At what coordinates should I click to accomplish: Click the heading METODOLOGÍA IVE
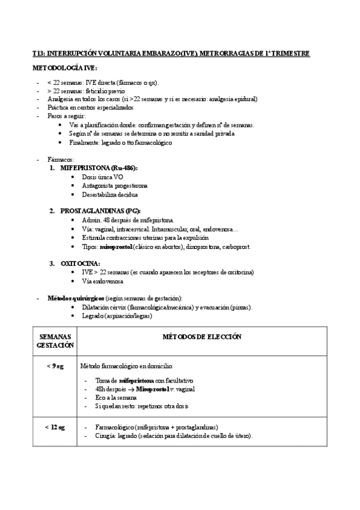click(x=64, y=69)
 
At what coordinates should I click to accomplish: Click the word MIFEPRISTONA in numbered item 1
click(x=87, y=168)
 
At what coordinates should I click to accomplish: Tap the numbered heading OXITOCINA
click(x=80, y=263)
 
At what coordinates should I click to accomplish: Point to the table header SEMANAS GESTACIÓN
click(x=55, y=341)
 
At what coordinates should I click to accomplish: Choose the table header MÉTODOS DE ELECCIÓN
click(x=202, y=337)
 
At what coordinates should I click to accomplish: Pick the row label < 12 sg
click(x=55, y=426)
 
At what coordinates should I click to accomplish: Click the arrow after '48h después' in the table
click(x=130, y=389)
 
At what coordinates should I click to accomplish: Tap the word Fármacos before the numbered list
click(x=59, y=159)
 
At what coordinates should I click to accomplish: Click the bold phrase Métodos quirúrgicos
click(x=76, y=298)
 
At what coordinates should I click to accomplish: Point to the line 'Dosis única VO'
click(x=102, y=177)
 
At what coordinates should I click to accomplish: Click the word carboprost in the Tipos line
click(x=239, y=247)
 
